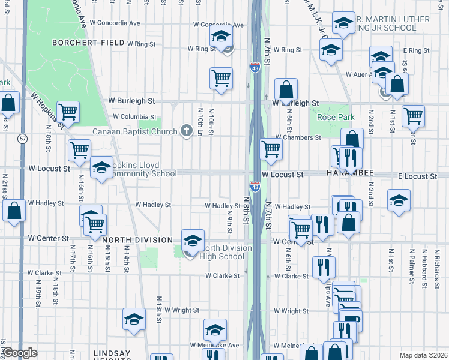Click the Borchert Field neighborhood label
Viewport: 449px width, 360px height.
coord(88,43)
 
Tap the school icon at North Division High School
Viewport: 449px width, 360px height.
coord(193,241)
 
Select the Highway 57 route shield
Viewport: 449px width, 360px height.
coord(22,139)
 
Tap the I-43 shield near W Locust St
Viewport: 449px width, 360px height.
coord(255,187)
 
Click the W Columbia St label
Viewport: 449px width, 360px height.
coord(134,117)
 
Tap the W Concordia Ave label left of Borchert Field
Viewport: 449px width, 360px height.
coord(119,23)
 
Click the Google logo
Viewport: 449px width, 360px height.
coord(20,353)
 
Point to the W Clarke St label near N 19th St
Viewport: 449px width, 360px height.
coord(44,273)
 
